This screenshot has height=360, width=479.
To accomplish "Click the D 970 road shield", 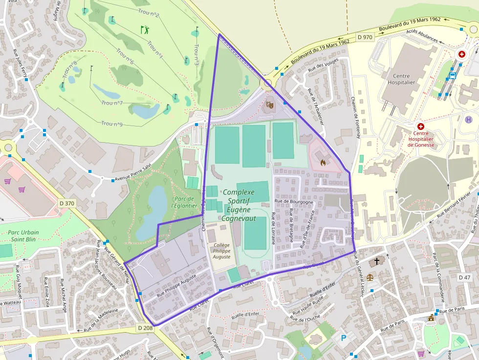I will coord(365,37).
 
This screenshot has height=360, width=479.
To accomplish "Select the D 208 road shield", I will coord(145,328).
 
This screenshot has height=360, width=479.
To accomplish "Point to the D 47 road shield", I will coord(464,277).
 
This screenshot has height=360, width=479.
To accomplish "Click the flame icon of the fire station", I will coord(323,161).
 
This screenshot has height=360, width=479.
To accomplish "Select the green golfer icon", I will coord(145,30).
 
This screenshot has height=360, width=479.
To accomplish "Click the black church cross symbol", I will coord(376,261).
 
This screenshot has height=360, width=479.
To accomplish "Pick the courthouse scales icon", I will coord(370,276).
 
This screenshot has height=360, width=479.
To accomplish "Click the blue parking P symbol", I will coord(343,338).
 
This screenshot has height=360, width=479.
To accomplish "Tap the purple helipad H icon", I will coord(469,119).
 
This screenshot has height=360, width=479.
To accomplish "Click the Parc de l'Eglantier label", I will coord(184,202).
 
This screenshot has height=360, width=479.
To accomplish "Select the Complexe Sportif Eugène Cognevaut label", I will coord(239,205).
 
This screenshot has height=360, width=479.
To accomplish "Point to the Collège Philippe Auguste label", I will coord(218,250).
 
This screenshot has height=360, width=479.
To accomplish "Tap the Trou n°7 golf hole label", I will coord(112,103).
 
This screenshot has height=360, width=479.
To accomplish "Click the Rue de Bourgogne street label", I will coord(293,201).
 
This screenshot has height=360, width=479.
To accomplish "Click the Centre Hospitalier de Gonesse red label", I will coord(420,139).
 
